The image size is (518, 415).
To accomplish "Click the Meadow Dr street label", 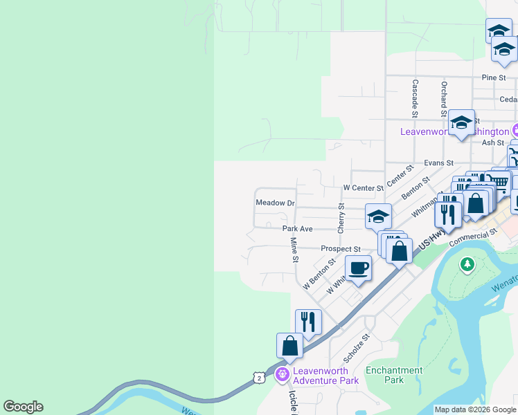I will pyautogui.click(x=276, y=204).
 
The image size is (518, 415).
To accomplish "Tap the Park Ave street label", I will pyautogui.click(x=297, y=228).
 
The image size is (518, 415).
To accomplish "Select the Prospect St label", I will pyautogui.click(x=341, y=249).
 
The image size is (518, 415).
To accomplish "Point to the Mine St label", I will pyautogui.click(x=294, y=250).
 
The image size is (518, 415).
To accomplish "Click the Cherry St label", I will pyautogui.click(x=341, y=217).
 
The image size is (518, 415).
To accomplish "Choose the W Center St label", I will pyautogui.click(x=363, y=188).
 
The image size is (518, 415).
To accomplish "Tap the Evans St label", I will pyautogui.click(x=438, y=163).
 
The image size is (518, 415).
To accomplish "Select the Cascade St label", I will pyautogui.click(x=416, y=96).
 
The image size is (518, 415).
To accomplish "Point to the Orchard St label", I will pyautogui.click(x=444, y=99).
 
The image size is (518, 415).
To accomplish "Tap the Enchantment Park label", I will pyautogui.click(x=394, y=375).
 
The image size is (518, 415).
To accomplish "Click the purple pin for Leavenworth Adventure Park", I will pyautogui.click(x=282, y=375).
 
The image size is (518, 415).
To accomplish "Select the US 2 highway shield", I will pyautogui.click(x=258, y=378).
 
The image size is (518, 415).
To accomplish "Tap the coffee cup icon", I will pyautogui.click(x=358, y=268).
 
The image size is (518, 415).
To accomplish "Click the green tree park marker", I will pyautogui.click(x=468, y=264).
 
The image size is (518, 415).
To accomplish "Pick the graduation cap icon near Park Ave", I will pyautogui.click(x=378, y=216).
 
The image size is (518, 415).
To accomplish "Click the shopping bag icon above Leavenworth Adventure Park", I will pyautogui.click(x=289, y=345).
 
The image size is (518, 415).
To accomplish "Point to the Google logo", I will pyautogui.click(x=23, y=407).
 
